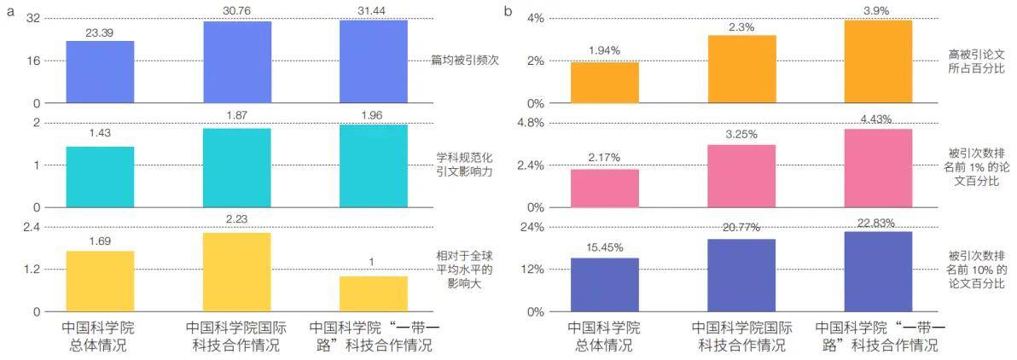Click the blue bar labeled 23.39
click(100, 72)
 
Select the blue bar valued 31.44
click(373, 61)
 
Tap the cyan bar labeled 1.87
click(236, 167)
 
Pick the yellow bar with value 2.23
click(236, 272)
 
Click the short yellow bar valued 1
click(373, 293)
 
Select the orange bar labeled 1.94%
click(605, 83)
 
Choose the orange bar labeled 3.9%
click(878, 61)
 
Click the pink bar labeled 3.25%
click(741, 176)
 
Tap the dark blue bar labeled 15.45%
click(605, 284)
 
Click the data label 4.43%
click(878, 119)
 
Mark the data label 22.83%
click(878, 224)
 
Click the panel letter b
click(508, 11)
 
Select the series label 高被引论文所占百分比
click(977, 61)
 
